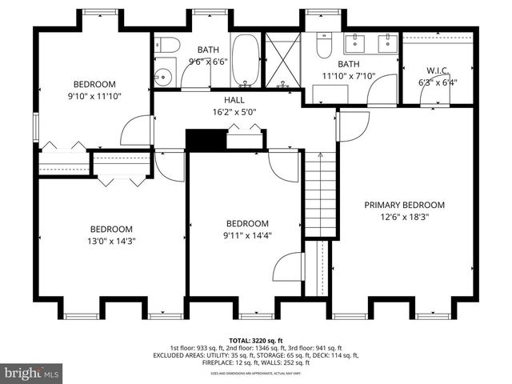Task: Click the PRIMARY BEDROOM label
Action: pos(404,205)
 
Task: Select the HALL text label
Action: pos(234,100)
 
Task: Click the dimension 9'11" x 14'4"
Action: pos(247,236)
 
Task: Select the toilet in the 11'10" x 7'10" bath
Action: pos(322,47)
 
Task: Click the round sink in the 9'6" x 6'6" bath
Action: pos(165,78)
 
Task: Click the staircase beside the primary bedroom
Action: pos(320,196)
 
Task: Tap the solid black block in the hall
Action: pos(200,139)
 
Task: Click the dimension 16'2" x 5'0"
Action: pos(234,113)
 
